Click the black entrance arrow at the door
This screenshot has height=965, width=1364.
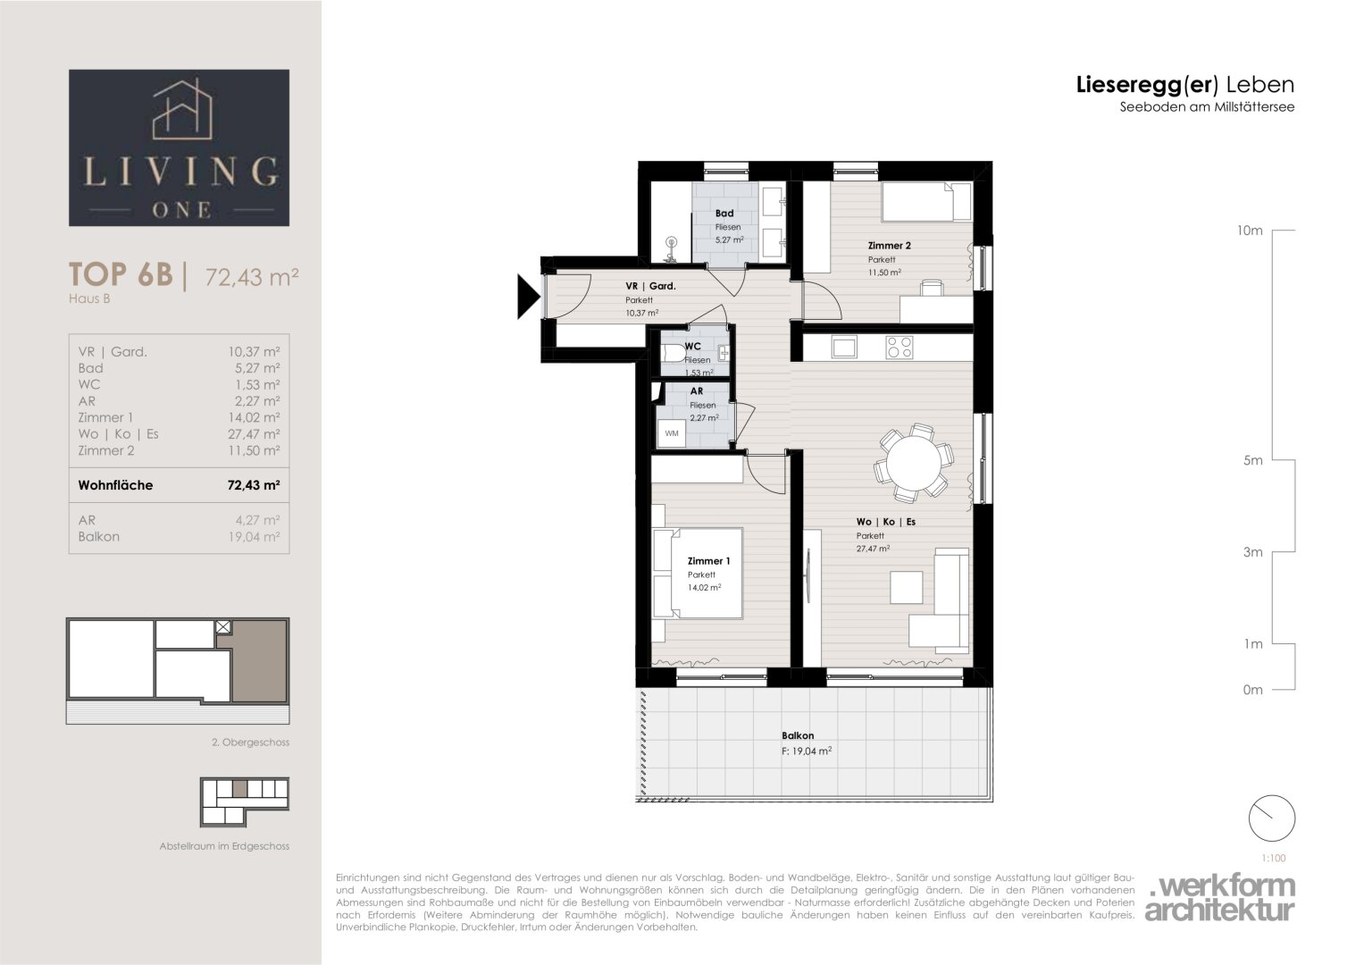click(x=527, y=297)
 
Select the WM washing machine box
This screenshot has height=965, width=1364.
click(x=672, y=433)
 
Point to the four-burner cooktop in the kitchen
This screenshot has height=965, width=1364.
click(x=900, y=348)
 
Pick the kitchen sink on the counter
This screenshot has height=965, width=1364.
click(x=844, y=348)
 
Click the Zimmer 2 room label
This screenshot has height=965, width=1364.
click(x=889, y=246)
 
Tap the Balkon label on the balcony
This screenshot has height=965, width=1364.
click(x=798, y=735)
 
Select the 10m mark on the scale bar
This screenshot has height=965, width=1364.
click(x=1250, y=231)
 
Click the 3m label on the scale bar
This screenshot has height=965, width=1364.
click(x=1252, y=552)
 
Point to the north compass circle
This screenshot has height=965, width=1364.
click(x=1271, y=818)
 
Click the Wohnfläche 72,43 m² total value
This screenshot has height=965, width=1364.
click(x=254, y=485)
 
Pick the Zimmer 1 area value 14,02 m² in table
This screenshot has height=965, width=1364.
click(x=254, y=417)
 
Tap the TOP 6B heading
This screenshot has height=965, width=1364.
click(x=121, y=274)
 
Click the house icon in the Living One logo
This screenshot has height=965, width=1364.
click(x=182, y=109)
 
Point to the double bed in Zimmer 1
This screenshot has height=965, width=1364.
click(x=698, y=574)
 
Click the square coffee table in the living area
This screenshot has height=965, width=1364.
click(x=906, y=587)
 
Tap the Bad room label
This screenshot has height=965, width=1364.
click(x=724, y=214)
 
